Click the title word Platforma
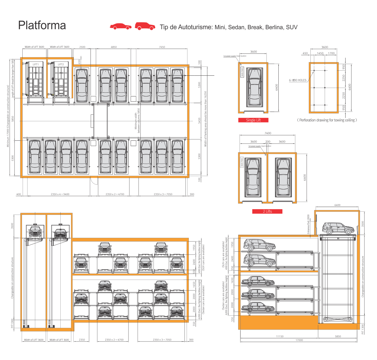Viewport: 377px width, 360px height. (42, 25)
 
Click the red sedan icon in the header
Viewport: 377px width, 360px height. (121, 27)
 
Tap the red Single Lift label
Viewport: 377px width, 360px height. (253, 120)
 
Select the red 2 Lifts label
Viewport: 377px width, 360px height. (267, 211)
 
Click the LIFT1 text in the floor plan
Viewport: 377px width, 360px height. (36, 64)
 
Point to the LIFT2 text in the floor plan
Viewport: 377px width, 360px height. (61, 64)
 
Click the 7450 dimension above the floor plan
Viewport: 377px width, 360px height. (162, 47)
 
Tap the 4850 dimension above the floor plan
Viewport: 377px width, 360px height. (114, 47)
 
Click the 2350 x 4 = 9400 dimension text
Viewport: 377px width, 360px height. (60, 194)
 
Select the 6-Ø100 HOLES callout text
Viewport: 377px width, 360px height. (298, 80)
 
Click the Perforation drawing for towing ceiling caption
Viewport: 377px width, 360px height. (327, 120)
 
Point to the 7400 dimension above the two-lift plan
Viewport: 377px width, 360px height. (268, 133)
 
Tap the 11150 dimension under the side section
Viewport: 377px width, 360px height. (280, 336)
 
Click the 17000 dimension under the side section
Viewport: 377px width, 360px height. (299, 340)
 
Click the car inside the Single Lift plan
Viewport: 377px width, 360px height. (254, 87)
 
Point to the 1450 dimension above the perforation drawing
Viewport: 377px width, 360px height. (320, 53)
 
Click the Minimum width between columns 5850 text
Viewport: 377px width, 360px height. (137, 119)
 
